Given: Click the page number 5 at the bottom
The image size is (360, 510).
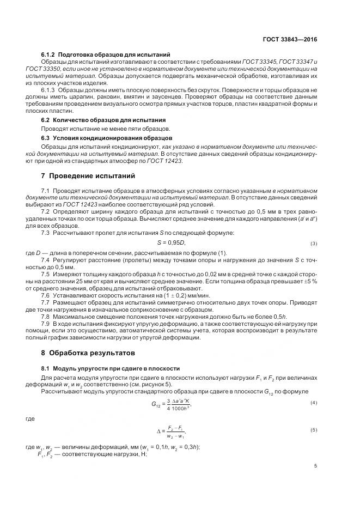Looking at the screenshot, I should pos(316,466).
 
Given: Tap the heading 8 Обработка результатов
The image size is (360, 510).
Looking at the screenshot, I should pos(84,353).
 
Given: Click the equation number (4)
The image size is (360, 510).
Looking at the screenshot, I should pos(314,403).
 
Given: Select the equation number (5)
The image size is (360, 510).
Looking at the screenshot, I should pos(314,430).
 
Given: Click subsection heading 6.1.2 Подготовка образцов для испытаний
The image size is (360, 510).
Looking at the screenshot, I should pos(106,54).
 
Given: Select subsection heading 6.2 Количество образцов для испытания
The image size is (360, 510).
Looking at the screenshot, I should pos(103,119).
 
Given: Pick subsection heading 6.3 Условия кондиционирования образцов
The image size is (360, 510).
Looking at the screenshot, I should pos(107,138).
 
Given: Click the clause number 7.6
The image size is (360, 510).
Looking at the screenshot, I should pos(46,294).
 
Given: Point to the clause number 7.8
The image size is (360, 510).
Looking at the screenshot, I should pos(46,316).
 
